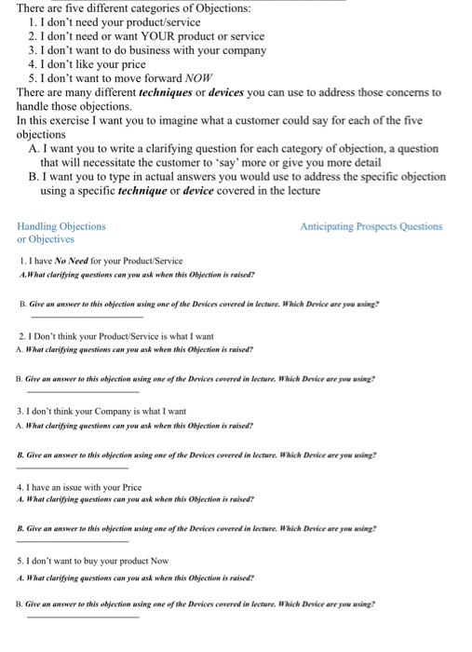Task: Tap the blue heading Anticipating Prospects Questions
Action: point(371,226)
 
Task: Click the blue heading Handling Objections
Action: point(61,226)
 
